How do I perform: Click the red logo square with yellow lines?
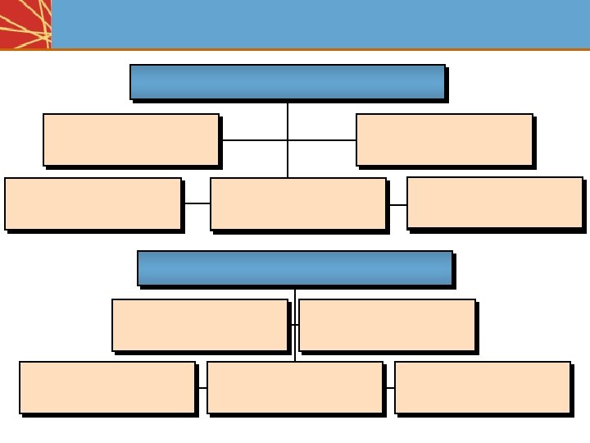25,24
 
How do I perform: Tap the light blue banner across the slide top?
320,24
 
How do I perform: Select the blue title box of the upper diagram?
287,82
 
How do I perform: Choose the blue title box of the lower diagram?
294,268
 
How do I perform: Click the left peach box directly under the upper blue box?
130,139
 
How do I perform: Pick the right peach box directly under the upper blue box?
444,139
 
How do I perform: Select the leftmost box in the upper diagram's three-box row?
93,203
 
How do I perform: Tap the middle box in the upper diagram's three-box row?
297,203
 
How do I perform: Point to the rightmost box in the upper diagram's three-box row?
494,203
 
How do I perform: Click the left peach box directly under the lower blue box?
199,325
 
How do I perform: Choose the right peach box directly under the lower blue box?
387,325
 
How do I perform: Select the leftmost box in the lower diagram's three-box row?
107,387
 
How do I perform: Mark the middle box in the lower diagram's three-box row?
295,387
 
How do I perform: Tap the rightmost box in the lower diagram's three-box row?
482,387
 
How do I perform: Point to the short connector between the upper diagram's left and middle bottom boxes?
196,203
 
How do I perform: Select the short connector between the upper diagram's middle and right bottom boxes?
397,204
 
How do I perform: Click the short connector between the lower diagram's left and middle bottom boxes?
202,387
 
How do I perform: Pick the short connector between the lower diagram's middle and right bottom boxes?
389,387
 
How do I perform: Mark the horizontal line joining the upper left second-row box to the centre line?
252,140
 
